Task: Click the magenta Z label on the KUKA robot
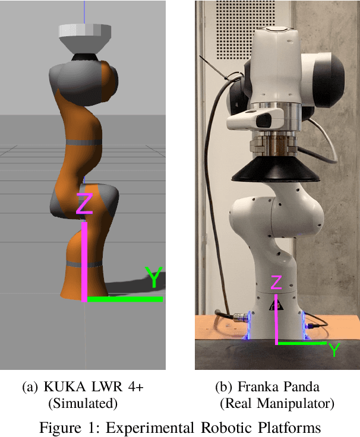[x=84, y=204]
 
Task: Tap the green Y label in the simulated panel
[x=154, y=277]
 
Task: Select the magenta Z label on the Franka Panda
[x=276, y=282]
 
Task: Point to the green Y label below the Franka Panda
[x=334, y=350]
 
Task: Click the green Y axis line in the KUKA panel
[x=125, y=299]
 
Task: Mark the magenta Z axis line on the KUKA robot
[x=84, y=262]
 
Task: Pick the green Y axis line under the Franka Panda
[x=302, y=343]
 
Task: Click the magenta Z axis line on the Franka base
[x=276, y=319]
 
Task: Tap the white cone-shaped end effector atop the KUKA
[x=85, y=39]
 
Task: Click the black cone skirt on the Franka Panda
[x=275, y=169]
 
